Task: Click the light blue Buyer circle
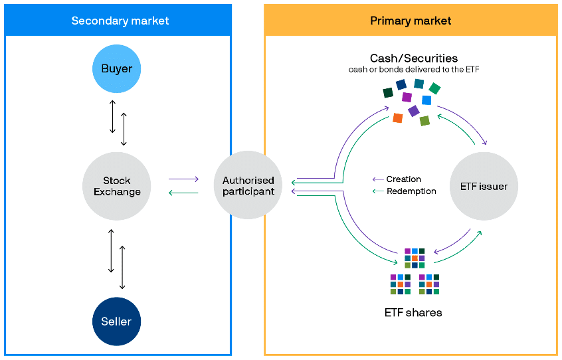pyautogui.click(x=116, y=69)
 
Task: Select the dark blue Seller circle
pyautogui.click(x=116, y=321)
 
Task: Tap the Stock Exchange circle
pyautogui.click(x=116, y=186)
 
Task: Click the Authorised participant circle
pyautogui.click(x=248, y=185)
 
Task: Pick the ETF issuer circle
pyautogui.click(x=484, y=186)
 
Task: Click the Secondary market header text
pyautogui.click(x=120, y=21)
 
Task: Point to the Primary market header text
pyautogui.click(x=411, y=21)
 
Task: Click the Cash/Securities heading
pyautogui.click(x=414, y=58)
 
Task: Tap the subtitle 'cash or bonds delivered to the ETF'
pyautogui.click(x=414, y=70)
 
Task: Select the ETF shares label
pyautogui.click(x=413, y=313)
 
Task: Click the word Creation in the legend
pyautogui.click(x=404, y=179)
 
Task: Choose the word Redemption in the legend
pyautogui.click(x=411, y=191)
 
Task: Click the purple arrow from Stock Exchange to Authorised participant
pyautogui.click(x=183, y=179)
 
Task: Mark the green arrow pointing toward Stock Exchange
pyautogui.click(x=183, y=193)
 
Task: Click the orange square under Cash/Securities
pyautogui.click(x=397, y=118)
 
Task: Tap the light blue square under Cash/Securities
pyautogui.click(x=426, y=100)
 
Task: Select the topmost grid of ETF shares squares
pyautogui.click(x=415, y=258)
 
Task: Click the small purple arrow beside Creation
pyautogui.click(x=378, y=179)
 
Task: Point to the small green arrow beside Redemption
pyautogui.click(x=378, y=191)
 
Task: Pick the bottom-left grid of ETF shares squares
pyautogui.click(x=401, y=284)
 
